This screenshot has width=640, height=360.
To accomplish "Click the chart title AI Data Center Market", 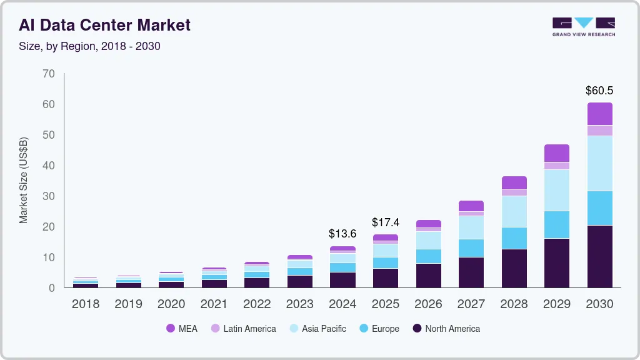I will click(x=104, y=25).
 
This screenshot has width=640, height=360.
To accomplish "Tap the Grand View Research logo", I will click(x=583, y=26).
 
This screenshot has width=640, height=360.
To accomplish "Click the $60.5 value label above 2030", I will click(x=599, y=91).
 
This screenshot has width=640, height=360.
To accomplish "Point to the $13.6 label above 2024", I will click(x=342, y=234).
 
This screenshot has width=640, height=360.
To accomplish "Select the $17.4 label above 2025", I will click(x=386, y=222).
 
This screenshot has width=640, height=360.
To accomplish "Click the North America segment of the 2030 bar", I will click(x=599, y=256).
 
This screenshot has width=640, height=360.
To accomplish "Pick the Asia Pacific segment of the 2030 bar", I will click(x=599, y=163).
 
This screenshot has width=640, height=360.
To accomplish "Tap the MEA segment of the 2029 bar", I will click(x=556, y=153).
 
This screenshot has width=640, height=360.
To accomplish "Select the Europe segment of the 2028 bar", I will click(x=514, y=238).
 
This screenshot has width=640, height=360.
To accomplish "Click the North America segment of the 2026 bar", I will click(x=428, y=275).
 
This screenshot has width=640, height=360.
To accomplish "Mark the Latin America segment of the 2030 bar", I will click(x=599, y=131).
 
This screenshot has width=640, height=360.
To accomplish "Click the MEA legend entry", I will click(x=182, y=329).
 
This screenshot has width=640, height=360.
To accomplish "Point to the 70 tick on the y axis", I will click(x=49, y=74).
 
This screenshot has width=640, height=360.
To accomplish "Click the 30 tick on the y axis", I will click(x=49, y=196).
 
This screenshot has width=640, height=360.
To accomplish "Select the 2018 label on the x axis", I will click(x=85, y=304).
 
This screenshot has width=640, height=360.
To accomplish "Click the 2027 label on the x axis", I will click(x=471, y=304).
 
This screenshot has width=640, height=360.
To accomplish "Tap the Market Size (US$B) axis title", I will click(x=24, y=181).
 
